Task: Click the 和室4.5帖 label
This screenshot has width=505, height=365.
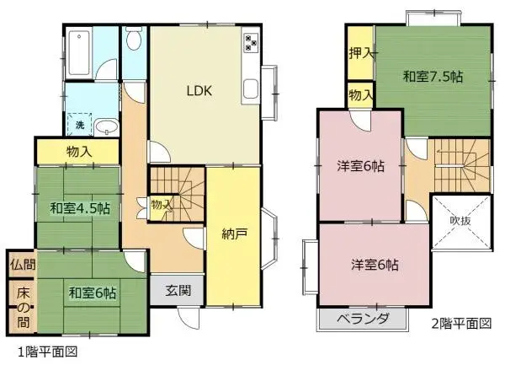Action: [x=72, y=207]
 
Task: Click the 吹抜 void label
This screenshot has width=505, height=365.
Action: [x=460, y=220]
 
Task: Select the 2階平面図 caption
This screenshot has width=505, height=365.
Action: [x=460, y=322]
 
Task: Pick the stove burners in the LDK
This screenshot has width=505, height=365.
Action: [x=252, y=42]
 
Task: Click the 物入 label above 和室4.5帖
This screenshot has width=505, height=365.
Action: [x=78, y=152]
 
